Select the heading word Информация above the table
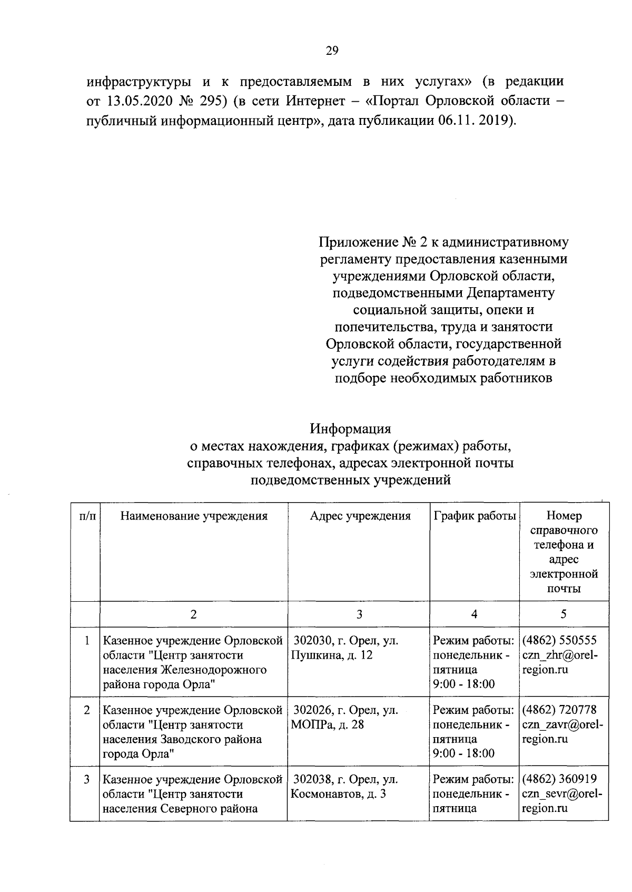[x=350, y=427]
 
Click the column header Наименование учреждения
[x=194, y=516]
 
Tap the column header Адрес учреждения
[x=360, y=516]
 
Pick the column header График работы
[x=474, y=516]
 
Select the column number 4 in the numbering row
[x=474, y=614]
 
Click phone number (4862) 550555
[x=559, y=641]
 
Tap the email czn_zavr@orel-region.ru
[x=562, y=732]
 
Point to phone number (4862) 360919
[x=559, y=779]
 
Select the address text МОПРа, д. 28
[x=327, y=724]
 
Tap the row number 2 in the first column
[x=86, y=710]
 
